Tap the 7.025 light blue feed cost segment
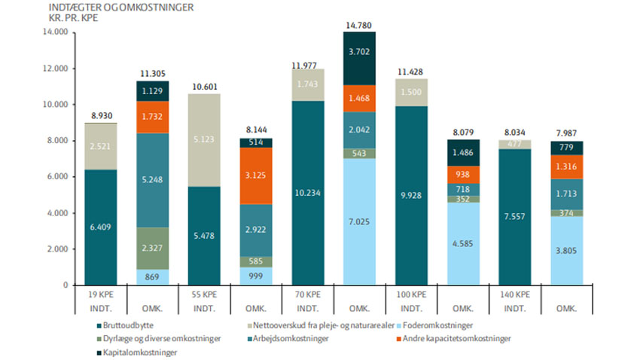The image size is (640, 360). (358, 222)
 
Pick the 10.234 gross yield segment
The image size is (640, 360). (307, 192)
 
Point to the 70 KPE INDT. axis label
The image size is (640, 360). (307, 300)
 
